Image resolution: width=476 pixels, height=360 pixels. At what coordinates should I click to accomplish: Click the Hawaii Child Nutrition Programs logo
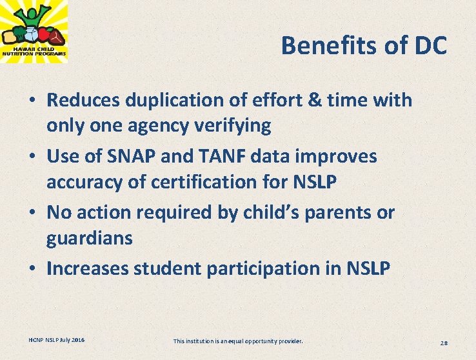click(34, 31)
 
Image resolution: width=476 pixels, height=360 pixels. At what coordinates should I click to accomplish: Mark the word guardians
click(90, 238)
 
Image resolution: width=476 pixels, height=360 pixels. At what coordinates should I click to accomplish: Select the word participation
click(258, 268)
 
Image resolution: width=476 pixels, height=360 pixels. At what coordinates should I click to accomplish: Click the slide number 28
click(444, 342)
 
